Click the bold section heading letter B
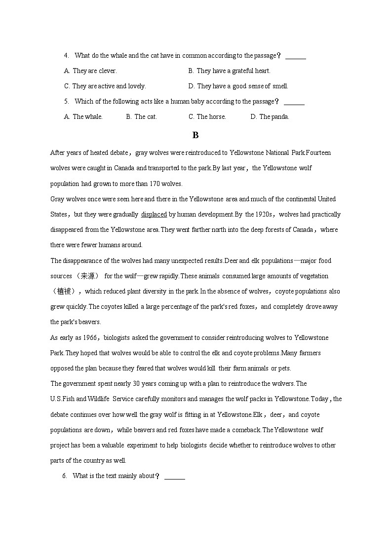(196, 135)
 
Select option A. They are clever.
(90, 71)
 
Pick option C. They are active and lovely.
(105, 86)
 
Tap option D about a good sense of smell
(238, 86)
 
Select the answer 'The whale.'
(83, 117)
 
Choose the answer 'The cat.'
(142, 117)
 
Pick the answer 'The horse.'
(207, 117)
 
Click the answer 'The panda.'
(270, 117)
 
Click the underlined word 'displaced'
(154, 215)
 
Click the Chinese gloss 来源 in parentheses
(87, 276)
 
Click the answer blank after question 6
(175, 477)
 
